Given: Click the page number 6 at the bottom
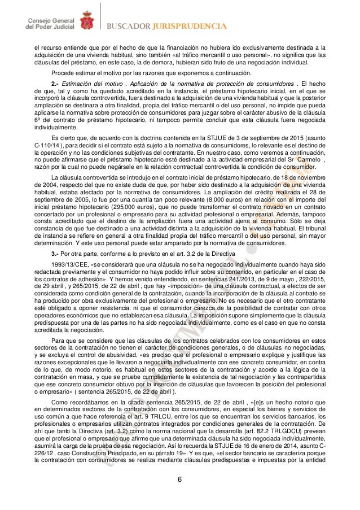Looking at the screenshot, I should point(180,480).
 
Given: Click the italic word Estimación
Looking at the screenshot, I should point(83,85).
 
